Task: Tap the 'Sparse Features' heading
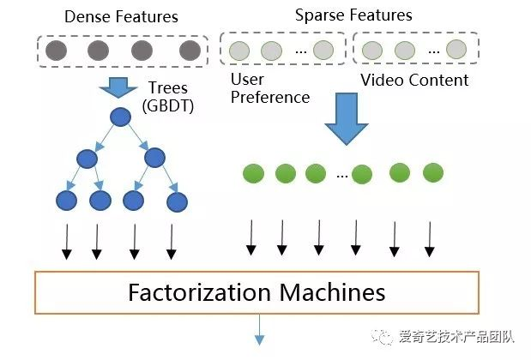(353, 15)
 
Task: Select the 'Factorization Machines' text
(256, 292)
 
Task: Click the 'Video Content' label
(414, 80)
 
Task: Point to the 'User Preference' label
(270, 88)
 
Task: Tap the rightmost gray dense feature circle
(190, 51)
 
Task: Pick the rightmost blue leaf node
(177, 202)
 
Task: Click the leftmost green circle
(253, 174)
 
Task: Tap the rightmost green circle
(432, 172)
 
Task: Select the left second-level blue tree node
(87, 159)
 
